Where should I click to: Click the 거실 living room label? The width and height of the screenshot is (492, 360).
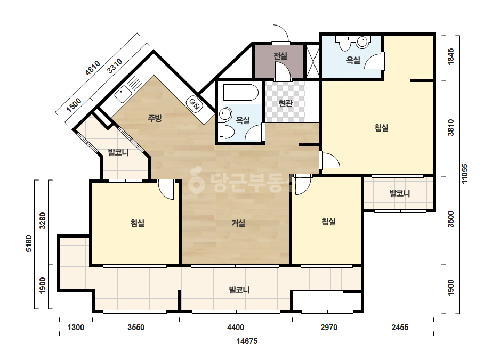coord(238,223)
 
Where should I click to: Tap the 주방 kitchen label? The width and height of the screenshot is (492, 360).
coord(155,118)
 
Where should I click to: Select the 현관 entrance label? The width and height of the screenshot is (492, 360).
coord(285,103)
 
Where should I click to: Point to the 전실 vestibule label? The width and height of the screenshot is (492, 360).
coord(280,56)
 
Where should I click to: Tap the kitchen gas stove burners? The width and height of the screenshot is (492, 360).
coord(194,103)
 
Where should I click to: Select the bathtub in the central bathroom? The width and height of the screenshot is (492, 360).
coord(240,92)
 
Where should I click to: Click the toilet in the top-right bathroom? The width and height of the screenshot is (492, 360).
coord(344,43)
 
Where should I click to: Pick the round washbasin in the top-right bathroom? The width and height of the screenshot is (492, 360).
coord(362,42)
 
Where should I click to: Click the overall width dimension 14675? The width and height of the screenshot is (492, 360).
coord(247,341)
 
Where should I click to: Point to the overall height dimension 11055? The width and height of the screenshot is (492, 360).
coord(464,174)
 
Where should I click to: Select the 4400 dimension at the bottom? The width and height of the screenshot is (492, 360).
coord(235,328)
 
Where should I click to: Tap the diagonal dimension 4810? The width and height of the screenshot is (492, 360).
coord(93,68)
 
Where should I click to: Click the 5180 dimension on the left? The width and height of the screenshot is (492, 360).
coord(29,243)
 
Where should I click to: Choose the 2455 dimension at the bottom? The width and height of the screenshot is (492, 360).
coord(400,328)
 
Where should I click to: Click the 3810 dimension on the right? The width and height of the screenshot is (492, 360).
coord(450,127)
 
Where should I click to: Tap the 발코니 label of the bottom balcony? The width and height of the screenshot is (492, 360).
coord(239,290)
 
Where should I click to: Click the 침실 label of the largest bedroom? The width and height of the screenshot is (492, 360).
coord(382,128)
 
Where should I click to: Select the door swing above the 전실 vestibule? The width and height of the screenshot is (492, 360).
coord(280,33)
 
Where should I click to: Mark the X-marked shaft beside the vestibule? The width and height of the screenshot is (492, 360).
coord(312,61)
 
